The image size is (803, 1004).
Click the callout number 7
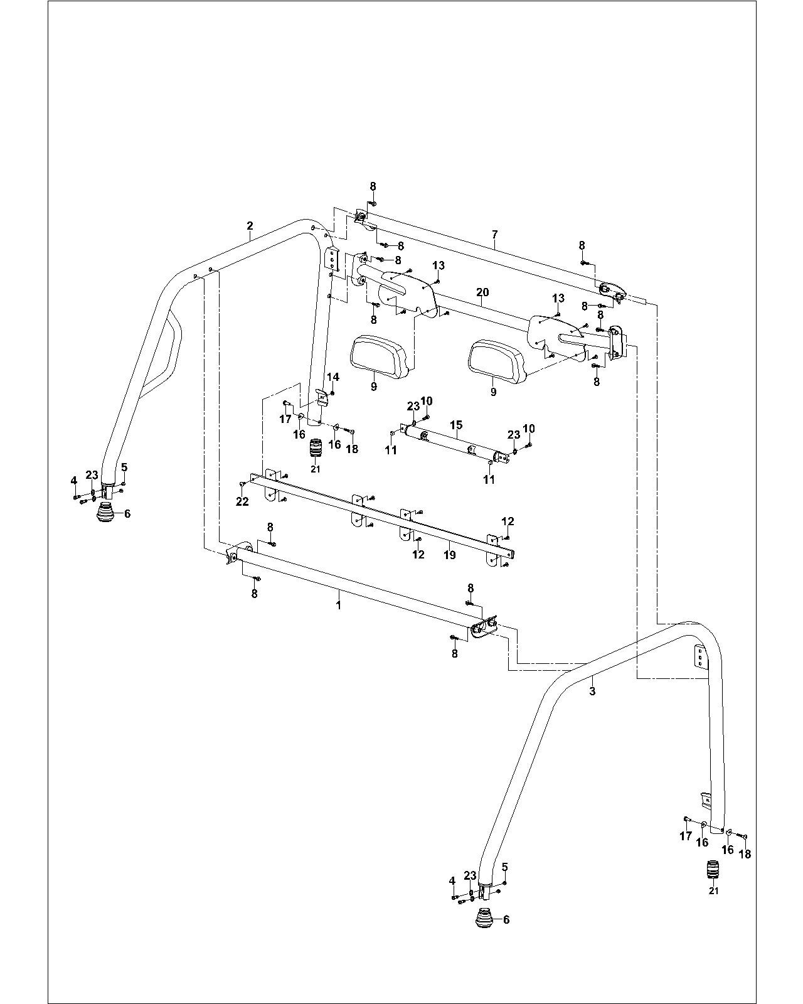[495, 235]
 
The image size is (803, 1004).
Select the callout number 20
[482, 292]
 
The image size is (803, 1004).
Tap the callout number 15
[456, 425]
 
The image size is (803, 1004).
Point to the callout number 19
[449, 555]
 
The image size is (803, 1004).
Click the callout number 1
[339, 605]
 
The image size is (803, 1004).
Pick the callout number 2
[250, 225]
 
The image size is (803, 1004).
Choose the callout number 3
[592, 692]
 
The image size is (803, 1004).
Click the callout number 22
[242, 502]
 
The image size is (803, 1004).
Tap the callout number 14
[333, 377]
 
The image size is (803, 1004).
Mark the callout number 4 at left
[74, 481]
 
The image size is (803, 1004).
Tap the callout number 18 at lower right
[745, 854]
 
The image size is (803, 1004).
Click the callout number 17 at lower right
[686, 836]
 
